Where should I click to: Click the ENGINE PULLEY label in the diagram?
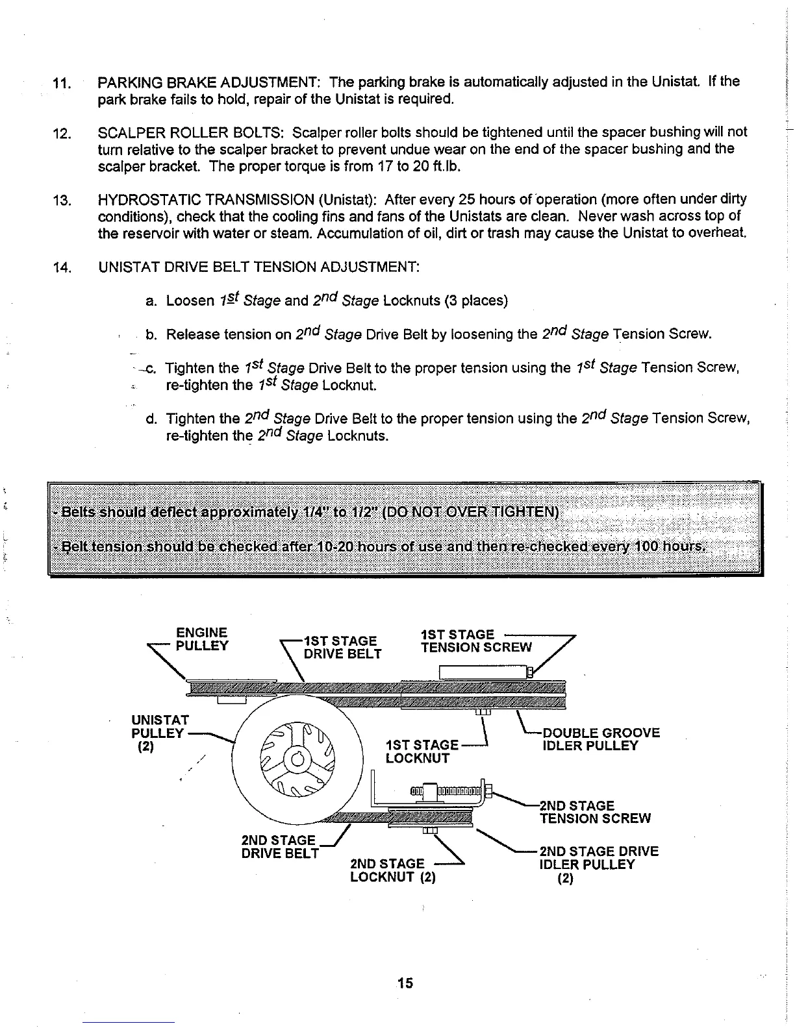(x=201, y=639)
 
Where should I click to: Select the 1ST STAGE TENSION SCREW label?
(x=476, y=641)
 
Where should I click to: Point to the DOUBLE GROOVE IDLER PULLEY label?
(x=601, y=739)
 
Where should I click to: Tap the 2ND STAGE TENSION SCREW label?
(x=594, y=812)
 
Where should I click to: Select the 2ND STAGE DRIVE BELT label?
(x=279, y=846)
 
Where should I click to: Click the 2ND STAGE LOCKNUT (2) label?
(x=392, y=871)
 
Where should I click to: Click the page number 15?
(x=405, y=983)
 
